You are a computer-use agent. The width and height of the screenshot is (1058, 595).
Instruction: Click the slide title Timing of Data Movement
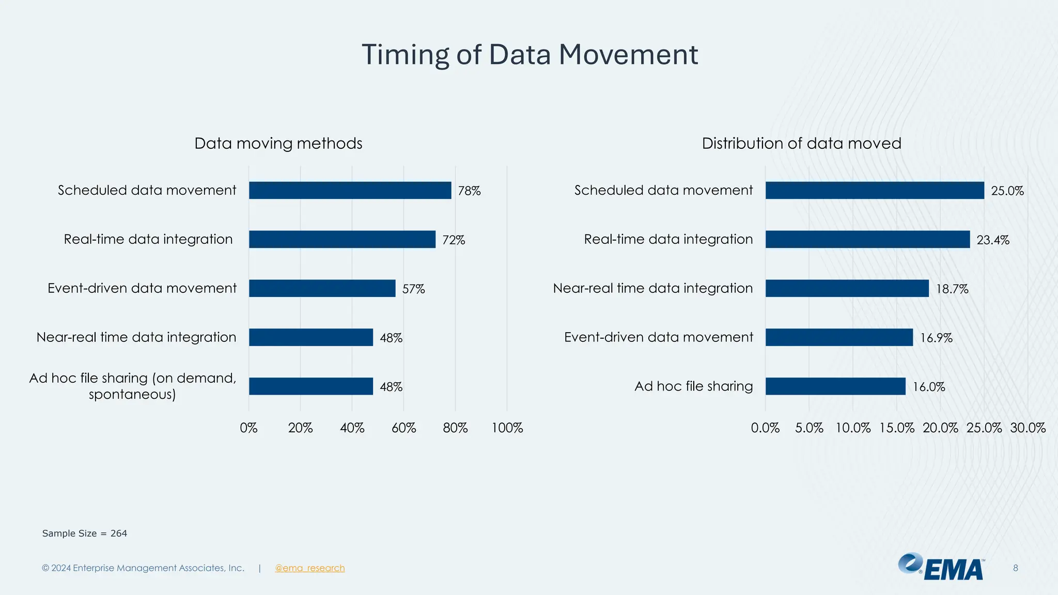[530, 55]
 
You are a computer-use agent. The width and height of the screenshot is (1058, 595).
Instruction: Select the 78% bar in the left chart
[350, 190]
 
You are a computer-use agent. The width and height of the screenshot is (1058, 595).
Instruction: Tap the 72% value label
[454, 240]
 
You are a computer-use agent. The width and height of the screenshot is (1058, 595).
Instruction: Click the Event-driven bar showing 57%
[322, 288]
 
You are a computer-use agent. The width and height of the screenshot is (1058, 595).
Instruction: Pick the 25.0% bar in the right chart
[874, 190]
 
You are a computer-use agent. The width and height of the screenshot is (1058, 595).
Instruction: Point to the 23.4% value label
[992, 240]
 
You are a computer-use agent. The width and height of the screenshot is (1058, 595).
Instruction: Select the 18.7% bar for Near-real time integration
[847, 288]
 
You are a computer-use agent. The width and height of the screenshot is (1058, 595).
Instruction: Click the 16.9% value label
[936, 338]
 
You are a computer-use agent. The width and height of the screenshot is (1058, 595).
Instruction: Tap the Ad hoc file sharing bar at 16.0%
[835, 386]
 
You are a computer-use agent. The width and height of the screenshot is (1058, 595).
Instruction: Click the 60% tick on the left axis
[403, 428]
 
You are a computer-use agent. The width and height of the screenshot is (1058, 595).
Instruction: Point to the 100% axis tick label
[507, 428]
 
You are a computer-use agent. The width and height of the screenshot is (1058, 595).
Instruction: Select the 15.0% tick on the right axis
[896, 428]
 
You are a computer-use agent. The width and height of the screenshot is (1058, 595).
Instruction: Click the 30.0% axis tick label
[1028, 428]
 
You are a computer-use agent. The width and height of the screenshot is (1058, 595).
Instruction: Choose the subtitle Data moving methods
[278, 143]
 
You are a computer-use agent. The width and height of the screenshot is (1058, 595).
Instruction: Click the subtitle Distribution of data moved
[801, 143]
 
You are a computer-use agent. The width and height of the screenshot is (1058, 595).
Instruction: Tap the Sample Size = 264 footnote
[85, 533]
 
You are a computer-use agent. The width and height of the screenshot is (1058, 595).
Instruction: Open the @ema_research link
[309, 568]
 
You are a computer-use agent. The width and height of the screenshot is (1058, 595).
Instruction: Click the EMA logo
[941, 567]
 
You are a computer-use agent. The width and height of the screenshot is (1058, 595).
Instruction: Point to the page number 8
[1015, 568]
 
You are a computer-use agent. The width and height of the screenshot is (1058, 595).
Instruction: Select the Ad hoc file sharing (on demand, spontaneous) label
[132, 386]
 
